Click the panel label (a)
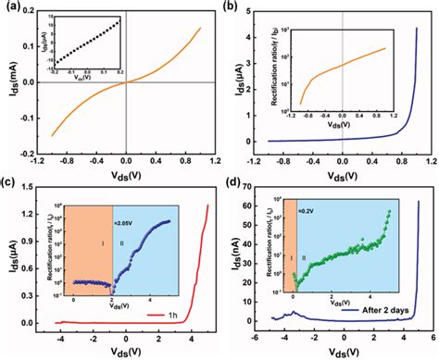point(12,8)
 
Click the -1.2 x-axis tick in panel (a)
point(40,156)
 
